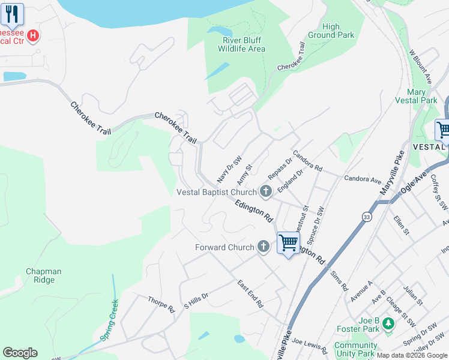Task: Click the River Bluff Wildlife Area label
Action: (x=244, y=44)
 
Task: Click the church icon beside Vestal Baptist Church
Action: (x=265, y=192)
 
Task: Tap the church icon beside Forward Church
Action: (x=263, y=247)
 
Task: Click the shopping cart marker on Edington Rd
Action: (x=289, y=243)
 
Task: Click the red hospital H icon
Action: (x=34, y=36)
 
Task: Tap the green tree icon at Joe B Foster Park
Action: (x=388, y=324)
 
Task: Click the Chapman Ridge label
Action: (x=43, y=275)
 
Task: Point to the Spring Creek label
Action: (x=110, y=320)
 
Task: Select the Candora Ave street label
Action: (x=363, y=179)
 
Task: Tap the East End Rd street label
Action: (x=250, y=294)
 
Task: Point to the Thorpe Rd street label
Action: (x=160, y=305)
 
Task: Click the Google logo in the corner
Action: (x=20, y=353)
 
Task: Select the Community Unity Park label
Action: (x=356, y=349)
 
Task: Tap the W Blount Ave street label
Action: (x=420, y=68)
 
